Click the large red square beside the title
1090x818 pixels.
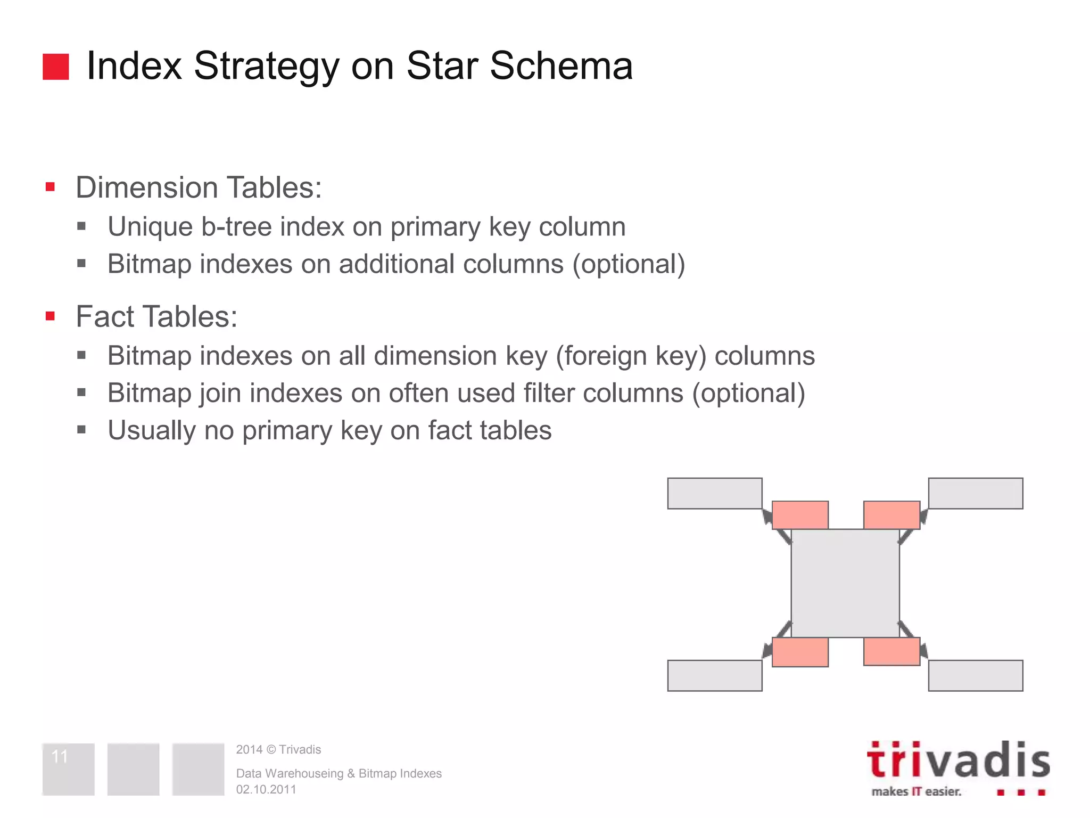56,67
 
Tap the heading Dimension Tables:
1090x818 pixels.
199,187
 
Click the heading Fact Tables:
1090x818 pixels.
156,316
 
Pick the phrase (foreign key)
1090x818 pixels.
631,356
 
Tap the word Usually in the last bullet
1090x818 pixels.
152,430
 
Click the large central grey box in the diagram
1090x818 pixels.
845,583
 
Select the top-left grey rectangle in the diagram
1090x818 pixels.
715,493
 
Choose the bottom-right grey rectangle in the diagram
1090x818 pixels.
976,676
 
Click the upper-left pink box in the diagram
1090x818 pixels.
800,515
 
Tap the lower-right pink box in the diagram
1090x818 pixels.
891,651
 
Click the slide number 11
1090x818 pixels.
60,756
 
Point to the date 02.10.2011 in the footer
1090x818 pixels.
266,789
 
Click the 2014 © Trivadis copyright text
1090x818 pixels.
278,749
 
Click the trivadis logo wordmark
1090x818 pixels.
958,760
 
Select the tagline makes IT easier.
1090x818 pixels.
916,791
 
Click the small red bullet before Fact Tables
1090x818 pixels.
51,316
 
